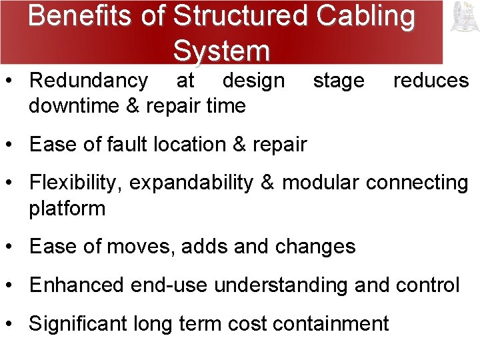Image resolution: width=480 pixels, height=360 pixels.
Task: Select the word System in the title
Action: (221, 50)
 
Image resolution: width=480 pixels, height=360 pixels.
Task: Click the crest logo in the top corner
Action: (462, 17)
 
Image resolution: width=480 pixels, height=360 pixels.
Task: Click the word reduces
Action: (431, 81)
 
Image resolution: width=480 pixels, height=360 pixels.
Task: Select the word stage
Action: (339, 81)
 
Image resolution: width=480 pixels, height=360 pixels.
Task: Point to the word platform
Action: (67, 208)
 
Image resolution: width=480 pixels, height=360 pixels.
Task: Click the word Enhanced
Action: (77, 285)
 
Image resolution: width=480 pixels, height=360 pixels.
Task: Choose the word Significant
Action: (77, 324)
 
